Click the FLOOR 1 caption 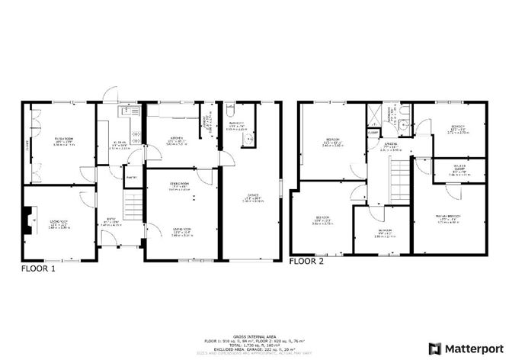pyautogui.click(x=37, y=269)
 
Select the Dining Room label pyautogui.click(x=180, y=185)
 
